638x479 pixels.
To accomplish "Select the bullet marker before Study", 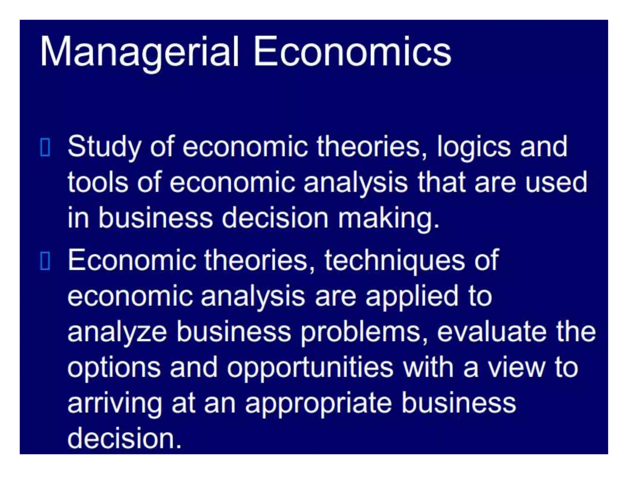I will pyautogui.click(x=45, y=147).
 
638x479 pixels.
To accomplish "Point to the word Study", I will pyautogui.click(x=104, y=147).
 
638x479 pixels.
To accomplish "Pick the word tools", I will pyautogui.click(x=98, y=182).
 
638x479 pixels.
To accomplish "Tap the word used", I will pyautogui.click(x=556, y=182).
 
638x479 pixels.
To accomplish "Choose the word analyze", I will pyautogui.click(x=117, y=332).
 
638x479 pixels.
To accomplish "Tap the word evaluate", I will pyautogui.click(x=492, y=332).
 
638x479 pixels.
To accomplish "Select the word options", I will pyautogui.click(x=114, y=368).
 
